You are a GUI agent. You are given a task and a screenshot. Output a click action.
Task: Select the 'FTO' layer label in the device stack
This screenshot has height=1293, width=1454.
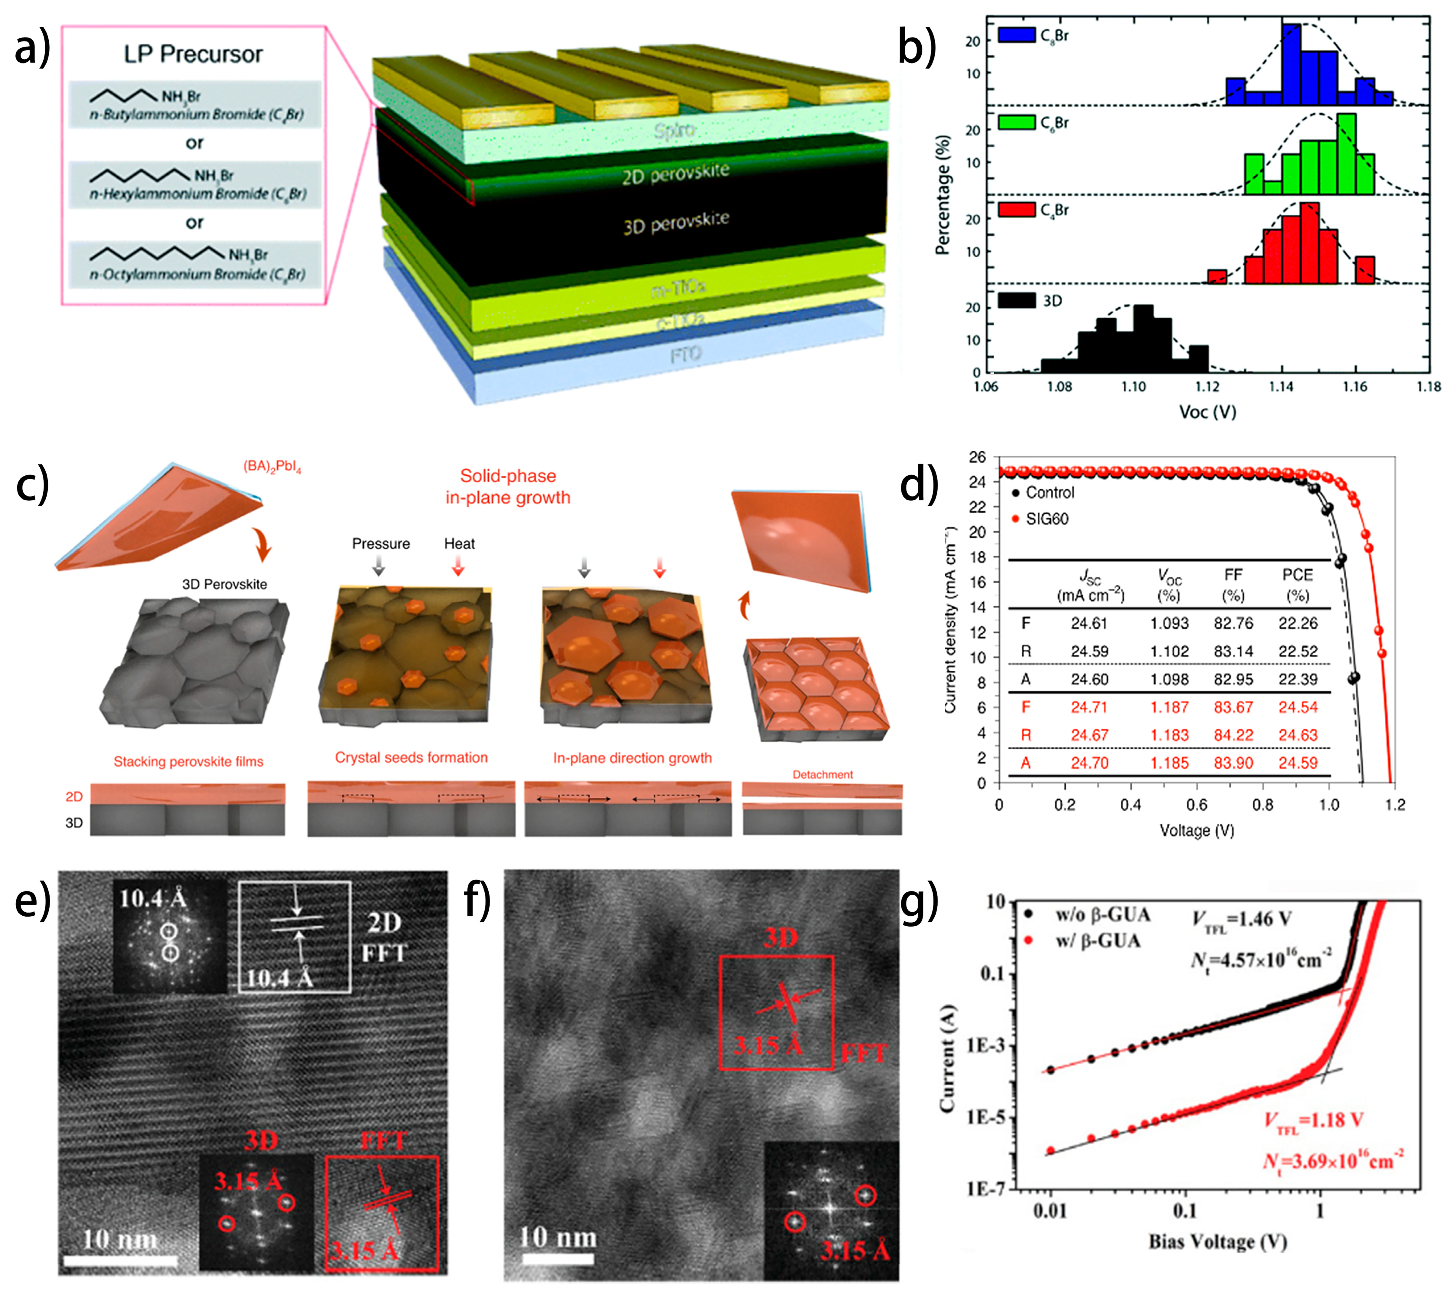pyautogui.click(x=685, y=354)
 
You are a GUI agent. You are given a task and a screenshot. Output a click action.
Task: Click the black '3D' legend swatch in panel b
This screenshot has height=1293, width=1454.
pyautogui.click(x=1016, y=300)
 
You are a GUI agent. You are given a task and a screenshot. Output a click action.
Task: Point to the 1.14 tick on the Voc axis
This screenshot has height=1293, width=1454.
pyautogui.click(x=1281, y=387)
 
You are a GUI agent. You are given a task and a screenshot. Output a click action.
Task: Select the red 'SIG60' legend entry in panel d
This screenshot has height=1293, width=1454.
pyautogui.click(x=1046, y=519)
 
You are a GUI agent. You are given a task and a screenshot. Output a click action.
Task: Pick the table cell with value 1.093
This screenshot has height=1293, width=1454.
pyautogui.click(x=1169, y=623)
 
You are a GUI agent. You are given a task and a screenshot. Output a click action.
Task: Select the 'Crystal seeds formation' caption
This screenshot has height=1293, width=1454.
pyautogui.click(x=411, y=758)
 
